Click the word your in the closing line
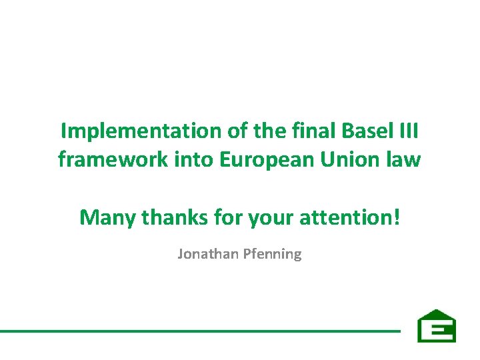point(267,217)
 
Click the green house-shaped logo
point(437,326)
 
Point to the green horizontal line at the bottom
point(200,330)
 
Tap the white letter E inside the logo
point(437,330)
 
